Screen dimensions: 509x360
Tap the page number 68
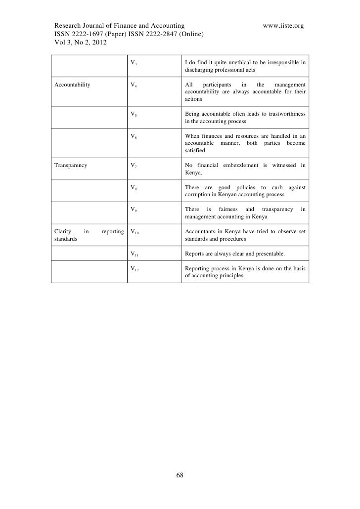pos(180,475)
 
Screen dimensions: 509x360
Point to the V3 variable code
pos(134,63)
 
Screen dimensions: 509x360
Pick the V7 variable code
pos(134,165)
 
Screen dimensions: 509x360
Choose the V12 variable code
pos(135,269)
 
